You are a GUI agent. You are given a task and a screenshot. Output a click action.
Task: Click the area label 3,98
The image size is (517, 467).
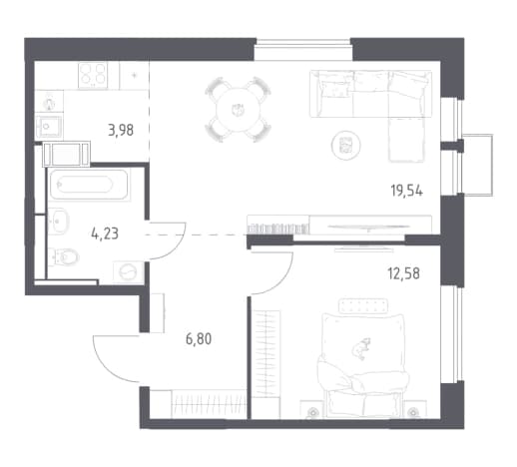(x=121, y=130)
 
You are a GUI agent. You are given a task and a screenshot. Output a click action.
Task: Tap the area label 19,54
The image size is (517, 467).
(x=406, y=192)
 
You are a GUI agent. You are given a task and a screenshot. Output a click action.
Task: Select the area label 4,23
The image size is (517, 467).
(x=105, y=233)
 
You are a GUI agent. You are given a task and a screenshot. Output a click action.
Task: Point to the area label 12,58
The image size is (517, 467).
(x=403, y=273)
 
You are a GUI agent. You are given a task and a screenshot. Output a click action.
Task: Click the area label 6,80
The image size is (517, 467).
(x=199, y=339)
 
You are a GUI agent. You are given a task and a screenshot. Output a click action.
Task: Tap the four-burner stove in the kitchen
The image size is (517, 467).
(x=93, y=75)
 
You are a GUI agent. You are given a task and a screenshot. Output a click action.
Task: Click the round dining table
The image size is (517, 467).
(x=238, y=110)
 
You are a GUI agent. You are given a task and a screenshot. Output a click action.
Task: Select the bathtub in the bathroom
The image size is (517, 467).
(x=88, y=185)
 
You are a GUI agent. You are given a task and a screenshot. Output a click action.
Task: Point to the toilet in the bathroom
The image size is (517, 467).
(x=64, y=256)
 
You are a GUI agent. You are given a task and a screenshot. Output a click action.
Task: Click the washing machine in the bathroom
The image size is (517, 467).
(x=129, y=272)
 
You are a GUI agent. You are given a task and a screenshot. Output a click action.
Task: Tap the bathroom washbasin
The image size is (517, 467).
(x=59, y=222)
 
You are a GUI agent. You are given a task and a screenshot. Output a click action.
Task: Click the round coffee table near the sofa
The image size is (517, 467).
(x=346, y=145)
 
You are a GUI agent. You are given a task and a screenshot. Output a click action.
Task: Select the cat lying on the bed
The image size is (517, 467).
(x=360, y=348)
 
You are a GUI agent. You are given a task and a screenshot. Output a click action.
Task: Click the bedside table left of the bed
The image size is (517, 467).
(x=311, y=409)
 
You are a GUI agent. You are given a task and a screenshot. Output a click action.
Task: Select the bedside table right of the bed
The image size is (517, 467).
(x=412, y=409)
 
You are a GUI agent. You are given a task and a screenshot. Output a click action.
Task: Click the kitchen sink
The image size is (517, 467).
(x=49, y=127)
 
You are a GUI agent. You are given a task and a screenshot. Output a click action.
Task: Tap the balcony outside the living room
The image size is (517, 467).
(x=478, y=165)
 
